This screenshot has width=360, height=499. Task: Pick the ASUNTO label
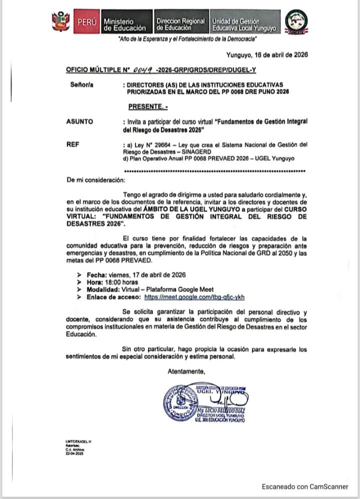(x=79, y=121)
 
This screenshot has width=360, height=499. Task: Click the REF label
(x=72, y=144)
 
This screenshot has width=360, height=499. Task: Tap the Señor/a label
(x=81, y=85)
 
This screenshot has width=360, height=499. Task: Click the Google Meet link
(x=194, y=296)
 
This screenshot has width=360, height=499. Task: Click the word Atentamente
(x=186, y=371)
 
